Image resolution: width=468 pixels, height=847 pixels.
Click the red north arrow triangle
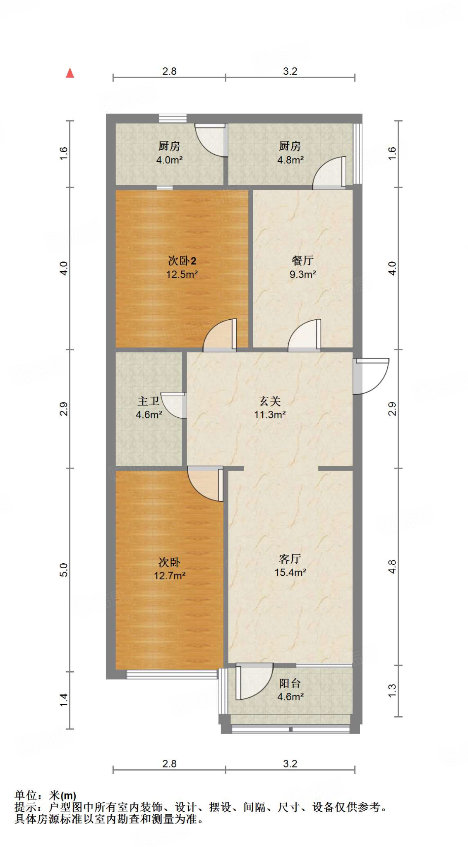pos(70,73)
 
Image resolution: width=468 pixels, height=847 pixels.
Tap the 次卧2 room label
pos(182,261)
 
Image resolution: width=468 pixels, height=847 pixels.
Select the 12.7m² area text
pos(169,575)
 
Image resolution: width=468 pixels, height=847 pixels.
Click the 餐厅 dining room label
pos(302,261)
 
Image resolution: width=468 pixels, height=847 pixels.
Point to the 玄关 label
pos(270,401)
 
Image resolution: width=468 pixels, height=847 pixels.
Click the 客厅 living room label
pos(290,559)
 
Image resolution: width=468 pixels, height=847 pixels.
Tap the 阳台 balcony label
pos(290,683)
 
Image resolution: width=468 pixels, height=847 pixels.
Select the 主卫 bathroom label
pos(148,401)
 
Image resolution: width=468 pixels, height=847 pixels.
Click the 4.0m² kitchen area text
pos(169,160)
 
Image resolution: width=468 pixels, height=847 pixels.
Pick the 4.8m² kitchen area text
pos(290,160)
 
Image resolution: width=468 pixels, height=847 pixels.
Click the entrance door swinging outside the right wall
pos(371,375)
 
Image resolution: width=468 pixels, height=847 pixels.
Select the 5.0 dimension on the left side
pos(63,570)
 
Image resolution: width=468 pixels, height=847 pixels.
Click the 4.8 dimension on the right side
pos(392,566)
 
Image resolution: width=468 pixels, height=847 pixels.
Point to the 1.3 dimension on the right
pos(392,691)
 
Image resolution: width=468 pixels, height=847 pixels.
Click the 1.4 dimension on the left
pos(63,700)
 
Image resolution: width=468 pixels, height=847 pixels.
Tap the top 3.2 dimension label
pos(290,71)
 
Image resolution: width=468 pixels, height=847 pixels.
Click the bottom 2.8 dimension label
pos(169,763)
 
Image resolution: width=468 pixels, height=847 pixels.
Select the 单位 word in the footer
pos(26,795)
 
